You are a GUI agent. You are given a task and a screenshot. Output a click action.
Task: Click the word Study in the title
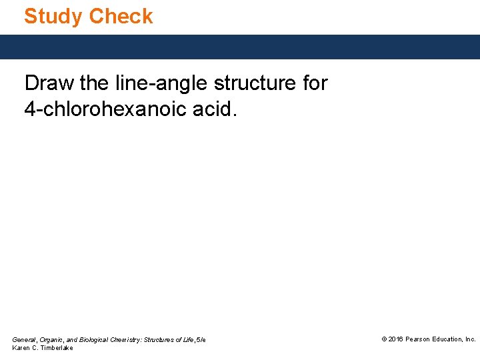click(x=53, y=16)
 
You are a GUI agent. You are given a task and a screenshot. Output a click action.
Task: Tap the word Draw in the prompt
click(x=49, y=83)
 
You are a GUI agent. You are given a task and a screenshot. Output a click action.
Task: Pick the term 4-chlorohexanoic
click(x=111, y=109)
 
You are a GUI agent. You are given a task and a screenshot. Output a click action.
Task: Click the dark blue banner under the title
click(x=240, y=47)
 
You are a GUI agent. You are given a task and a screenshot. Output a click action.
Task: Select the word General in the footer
click(x=24, y=340)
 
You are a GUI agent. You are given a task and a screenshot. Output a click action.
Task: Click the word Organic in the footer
click(x=52, y=340)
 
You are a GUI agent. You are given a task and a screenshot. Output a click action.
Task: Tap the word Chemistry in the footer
click(x=131, y=340)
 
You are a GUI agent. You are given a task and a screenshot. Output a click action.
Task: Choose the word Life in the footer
click(x=189, y=340)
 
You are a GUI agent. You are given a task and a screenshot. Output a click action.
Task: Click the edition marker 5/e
click(x=201, y=340)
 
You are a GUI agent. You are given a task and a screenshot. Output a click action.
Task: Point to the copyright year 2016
click(x=395, y=339)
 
